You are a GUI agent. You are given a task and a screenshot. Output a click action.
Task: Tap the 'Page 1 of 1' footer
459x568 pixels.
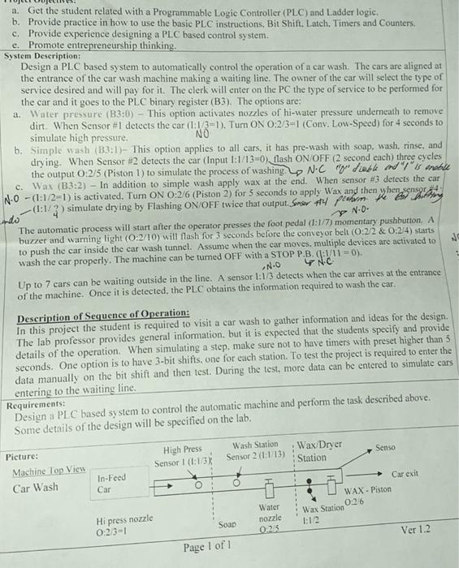point(210,547)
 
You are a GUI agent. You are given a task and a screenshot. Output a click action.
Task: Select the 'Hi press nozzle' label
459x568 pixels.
point(124,519)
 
